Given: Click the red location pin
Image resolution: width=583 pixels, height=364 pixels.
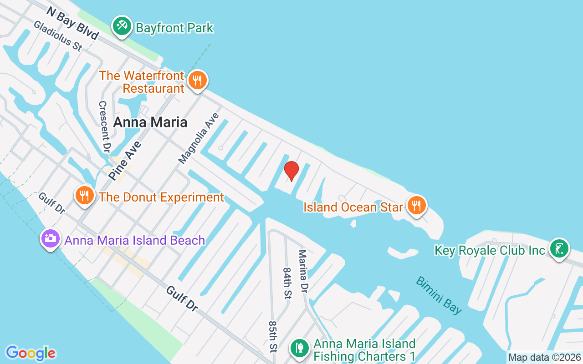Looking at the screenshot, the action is [291, 171].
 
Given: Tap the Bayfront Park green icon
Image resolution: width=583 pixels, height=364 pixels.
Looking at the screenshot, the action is [122, 26].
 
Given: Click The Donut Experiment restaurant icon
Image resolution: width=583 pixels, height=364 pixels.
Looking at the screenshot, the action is [84, 196].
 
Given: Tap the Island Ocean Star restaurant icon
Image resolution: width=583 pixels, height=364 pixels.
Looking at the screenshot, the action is [416, 205].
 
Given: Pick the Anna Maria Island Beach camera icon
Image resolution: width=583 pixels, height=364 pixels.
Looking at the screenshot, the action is [50, 238].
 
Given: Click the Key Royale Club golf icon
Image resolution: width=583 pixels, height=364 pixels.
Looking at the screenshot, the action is [559, 248].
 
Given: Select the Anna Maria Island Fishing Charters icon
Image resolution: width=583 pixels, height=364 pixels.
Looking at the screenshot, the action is [299, 348].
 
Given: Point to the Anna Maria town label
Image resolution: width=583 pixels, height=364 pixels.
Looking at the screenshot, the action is [150, 122].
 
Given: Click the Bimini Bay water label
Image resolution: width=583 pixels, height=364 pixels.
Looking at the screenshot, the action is [439, 295].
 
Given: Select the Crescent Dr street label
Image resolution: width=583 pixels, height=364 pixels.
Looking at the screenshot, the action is [104, 126].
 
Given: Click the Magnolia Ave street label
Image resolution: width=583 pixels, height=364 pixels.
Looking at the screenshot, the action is [199, 138].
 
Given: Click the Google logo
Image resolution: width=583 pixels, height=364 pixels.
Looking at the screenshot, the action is [31, 353].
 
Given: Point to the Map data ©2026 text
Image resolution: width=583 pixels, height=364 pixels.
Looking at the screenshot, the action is [544, 358].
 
